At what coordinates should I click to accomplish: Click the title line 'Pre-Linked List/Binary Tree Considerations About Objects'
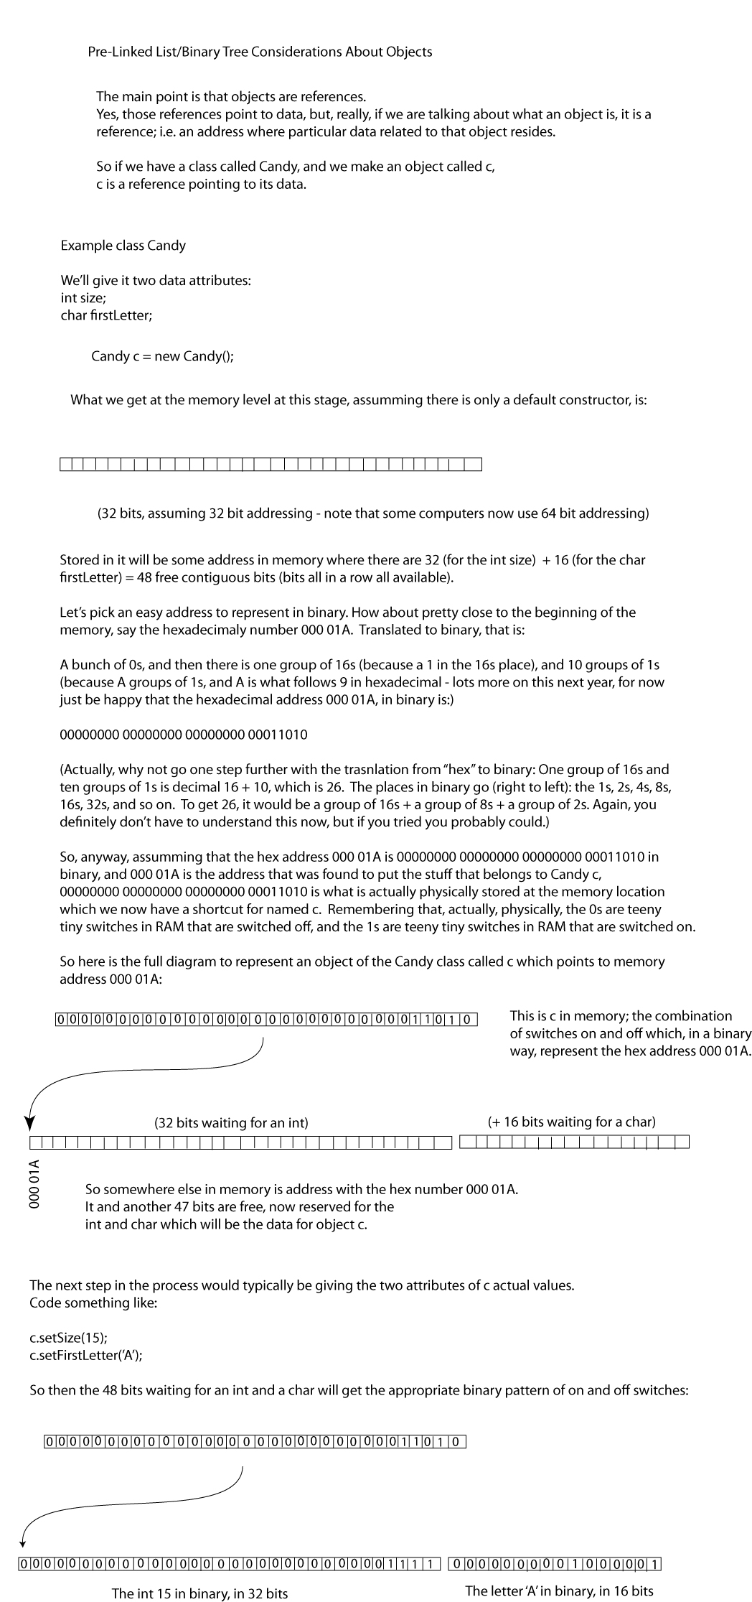coord(260,52)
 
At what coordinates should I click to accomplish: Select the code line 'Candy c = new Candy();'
coord(162,356)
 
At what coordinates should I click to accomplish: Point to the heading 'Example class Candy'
coord(123,246)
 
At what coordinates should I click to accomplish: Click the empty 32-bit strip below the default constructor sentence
coord(271,465)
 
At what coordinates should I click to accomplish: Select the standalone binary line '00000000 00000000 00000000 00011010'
coord(184,735)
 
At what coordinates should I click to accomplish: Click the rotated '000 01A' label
coord(34,1183)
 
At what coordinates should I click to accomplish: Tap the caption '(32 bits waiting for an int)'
coord(231,1123)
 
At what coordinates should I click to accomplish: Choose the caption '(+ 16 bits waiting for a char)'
coord(571,1122)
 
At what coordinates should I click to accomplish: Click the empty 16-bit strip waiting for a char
coord(574,1142)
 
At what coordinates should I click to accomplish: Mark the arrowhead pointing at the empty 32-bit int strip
coord(30,1124)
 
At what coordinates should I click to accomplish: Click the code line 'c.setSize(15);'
coord(69,1338)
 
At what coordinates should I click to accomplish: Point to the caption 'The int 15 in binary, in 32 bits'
coord(199,1593)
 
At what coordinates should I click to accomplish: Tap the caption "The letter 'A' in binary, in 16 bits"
coord(559,1591)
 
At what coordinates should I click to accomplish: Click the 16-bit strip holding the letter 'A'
coord(554,1564)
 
